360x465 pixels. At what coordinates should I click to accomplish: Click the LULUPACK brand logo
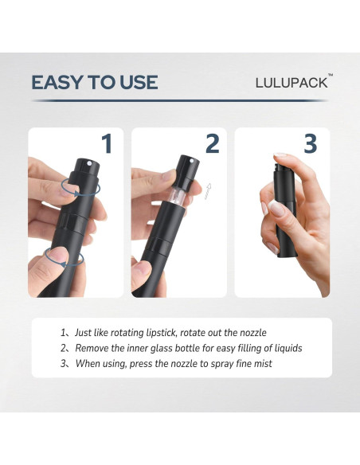click(x=292, y=83)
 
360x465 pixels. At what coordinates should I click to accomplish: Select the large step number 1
click(x=107, y=143)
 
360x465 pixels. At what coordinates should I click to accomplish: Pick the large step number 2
click(x=212, y=143)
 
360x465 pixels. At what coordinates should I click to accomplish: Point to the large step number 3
click(x=310, y=143)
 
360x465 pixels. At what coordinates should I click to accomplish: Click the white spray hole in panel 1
click(x=89, y=162)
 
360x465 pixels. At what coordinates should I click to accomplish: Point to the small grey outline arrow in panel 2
click(x=208, y=191)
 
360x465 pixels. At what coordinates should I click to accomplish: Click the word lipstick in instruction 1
click(x=162, y=333)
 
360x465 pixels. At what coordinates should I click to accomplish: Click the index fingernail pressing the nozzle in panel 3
click(x=280, y=155)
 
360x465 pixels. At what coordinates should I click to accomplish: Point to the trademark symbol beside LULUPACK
click(x=331, y=75)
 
